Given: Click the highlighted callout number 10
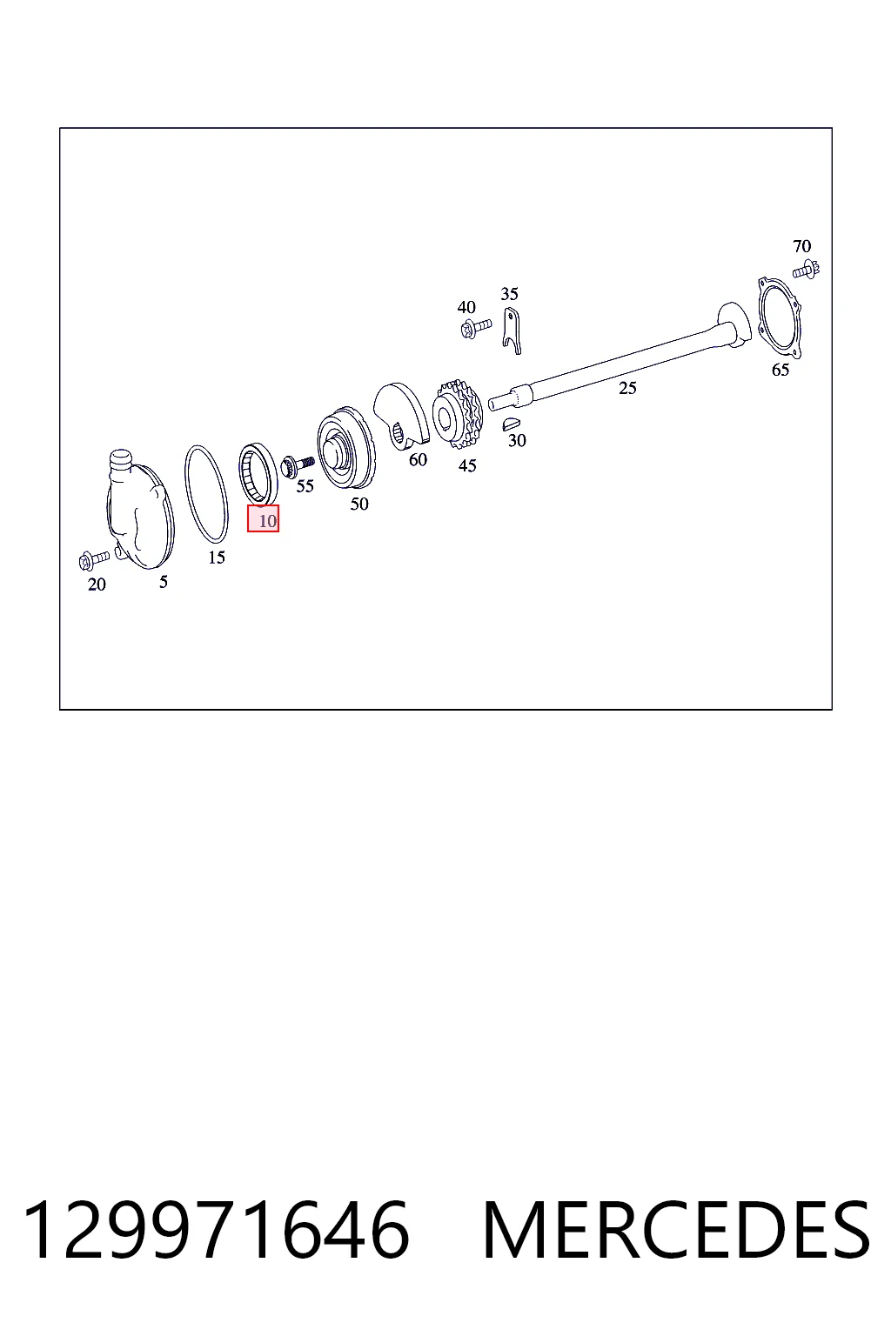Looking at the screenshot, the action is pos(263,518).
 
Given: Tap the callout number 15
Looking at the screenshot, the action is pos(217,557).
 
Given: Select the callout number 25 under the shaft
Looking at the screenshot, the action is pos(627,388).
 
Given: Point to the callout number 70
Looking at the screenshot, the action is pos(801,246).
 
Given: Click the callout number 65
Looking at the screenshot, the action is pos(780,370).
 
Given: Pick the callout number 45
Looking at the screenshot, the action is pos(467,465).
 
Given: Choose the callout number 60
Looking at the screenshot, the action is pos(418,459).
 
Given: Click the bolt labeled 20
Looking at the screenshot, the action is pos(94,559).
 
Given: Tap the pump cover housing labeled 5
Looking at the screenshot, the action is pos(139,509).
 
